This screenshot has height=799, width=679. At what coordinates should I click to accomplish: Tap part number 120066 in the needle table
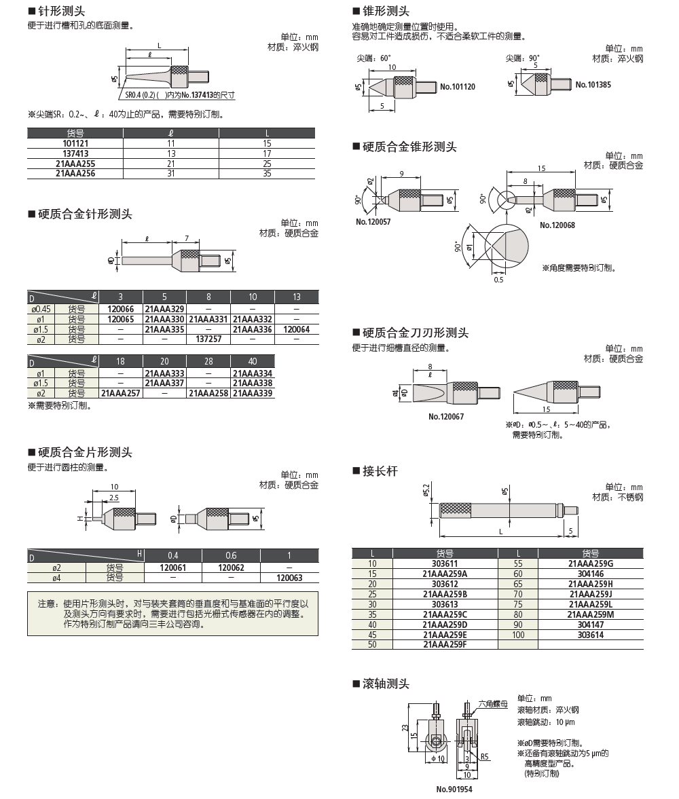point(121,309)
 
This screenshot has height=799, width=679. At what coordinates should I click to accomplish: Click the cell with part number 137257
point(208,338)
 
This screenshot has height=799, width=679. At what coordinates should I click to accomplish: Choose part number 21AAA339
point(253,393)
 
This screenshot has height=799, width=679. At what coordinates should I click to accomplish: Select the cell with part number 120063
point(289,578)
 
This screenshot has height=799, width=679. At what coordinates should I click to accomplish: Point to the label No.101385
point(593,85)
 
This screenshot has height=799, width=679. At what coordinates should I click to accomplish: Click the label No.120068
point(557,225)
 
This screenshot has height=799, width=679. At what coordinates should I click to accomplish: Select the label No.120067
point(446,416)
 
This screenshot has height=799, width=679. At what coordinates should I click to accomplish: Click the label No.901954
point(454,789)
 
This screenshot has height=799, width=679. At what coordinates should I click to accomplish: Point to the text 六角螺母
point(493,705)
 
